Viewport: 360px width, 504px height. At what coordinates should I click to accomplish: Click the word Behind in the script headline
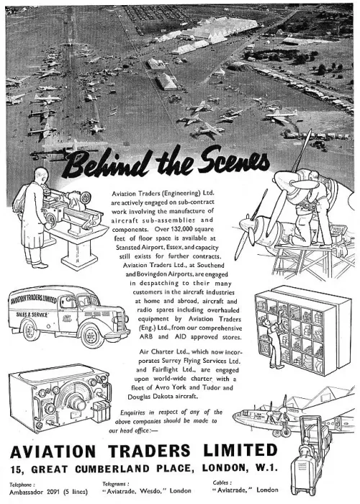(x=107, y=165)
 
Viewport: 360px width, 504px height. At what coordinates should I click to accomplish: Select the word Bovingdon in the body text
(x=152, y=274)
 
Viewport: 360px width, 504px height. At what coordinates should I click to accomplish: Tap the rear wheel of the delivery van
(x=31, y=330)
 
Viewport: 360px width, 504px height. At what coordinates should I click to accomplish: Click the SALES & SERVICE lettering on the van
(x=32, y=314)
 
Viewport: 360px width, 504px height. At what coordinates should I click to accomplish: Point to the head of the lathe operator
(x=41, y=175)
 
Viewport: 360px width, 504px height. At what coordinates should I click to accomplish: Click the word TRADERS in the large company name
(x=149, y=451)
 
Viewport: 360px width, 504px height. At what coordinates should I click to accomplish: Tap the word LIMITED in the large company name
(x=240, y=450)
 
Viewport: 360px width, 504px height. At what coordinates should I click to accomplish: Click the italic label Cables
(x=222, y=482)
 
